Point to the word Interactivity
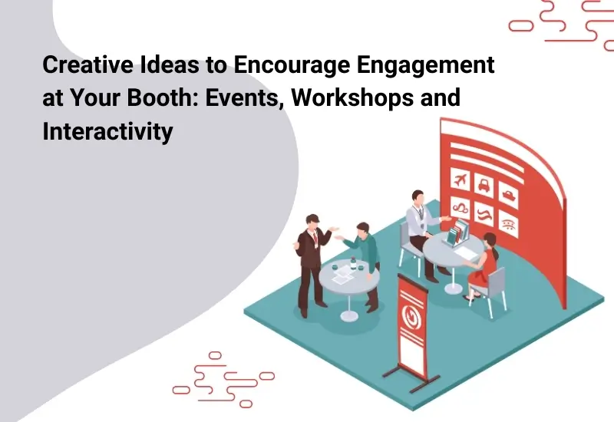(x=107, y=132)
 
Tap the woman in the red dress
(x=484, y=265)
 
